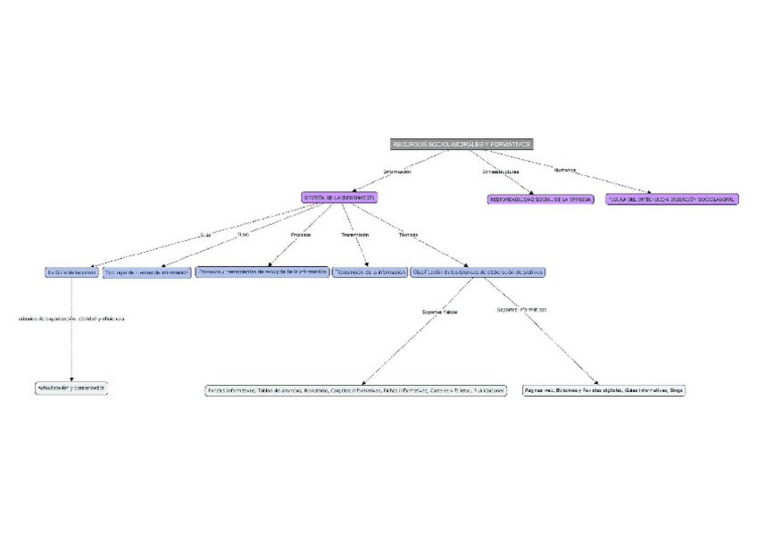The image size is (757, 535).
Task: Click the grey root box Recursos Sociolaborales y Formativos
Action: coord(462,144)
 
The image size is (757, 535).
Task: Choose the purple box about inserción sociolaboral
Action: coord(671,199)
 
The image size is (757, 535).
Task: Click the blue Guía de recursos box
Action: coord(71,272)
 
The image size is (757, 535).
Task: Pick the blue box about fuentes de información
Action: coord(147,272)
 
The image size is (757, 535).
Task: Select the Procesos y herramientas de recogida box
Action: coord(262,272)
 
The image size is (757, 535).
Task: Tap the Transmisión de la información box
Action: coord(370,272)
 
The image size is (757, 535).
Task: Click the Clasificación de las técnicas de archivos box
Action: coord(478,272)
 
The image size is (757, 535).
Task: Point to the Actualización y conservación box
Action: coord(71,388)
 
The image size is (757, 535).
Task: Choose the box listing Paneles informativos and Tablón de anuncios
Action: coord(356,390)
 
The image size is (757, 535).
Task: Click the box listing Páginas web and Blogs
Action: coord(604,390)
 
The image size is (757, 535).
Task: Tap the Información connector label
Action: coord(397,171)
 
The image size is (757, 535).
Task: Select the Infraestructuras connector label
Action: coord(501,171)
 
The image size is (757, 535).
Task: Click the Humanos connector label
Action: coord(565,170)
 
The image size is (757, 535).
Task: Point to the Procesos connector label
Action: coord(302,235)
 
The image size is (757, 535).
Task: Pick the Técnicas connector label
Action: coord(408,235)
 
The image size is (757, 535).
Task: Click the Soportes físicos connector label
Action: coord(439,312)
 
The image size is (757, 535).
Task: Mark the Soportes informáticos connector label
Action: coord(522,309)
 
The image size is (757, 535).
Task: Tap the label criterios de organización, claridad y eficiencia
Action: coord(71,318)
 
